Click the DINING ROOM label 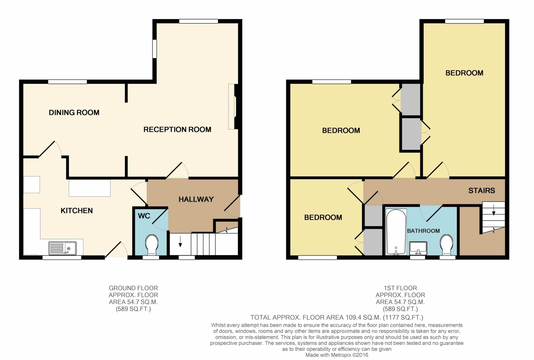74,112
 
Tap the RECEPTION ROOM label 177,129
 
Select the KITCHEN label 76,211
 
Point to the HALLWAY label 196,199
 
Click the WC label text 144,216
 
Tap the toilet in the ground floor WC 152,245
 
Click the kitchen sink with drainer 62,248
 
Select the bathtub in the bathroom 396,232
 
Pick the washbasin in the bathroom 418,248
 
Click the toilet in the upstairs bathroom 447,245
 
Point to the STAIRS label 482,191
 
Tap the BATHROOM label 423,231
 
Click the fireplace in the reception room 232,107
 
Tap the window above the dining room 67,82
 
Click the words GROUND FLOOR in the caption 133,288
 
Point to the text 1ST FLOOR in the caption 400,288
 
